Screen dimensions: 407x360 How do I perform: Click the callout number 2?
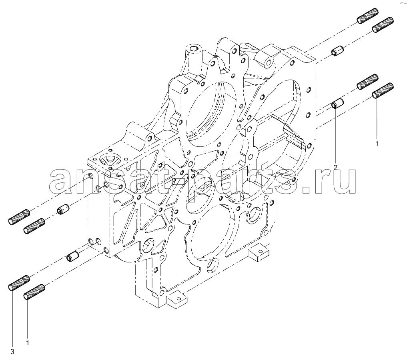pos(335,167)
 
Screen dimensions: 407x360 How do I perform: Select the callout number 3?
pos(12,352)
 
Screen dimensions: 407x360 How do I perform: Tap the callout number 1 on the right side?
pos(377,144)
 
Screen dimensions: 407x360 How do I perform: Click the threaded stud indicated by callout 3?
pos(19,283)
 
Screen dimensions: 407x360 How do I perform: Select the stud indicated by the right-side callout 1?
pos(383,90)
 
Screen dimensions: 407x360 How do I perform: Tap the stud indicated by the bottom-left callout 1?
pos(34,292)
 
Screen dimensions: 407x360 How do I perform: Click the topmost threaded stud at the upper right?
pos(367,16)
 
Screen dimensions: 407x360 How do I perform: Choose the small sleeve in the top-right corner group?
pos(337,50)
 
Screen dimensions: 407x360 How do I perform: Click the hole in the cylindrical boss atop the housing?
pos(194,48)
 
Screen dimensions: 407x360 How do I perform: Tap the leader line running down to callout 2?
pos(335,136)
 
